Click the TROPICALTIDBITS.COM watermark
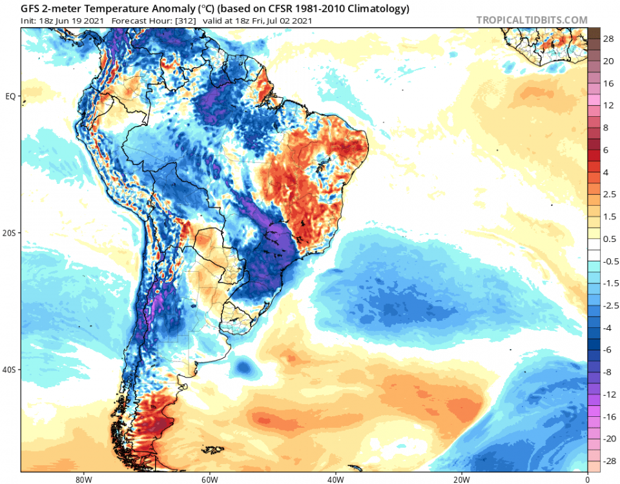pos(532,20)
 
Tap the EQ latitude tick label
pos(11,96)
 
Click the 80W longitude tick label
pos(82,479)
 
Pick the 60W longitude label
pos(209,479)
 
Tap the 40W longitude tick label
pos(335,479)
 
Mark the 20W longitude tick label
pos(461,479)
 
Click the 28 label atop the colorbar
pos(608,39)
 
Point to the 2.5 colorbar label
pos(608,194)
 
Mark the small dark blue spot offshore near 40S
pos(243,367)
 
